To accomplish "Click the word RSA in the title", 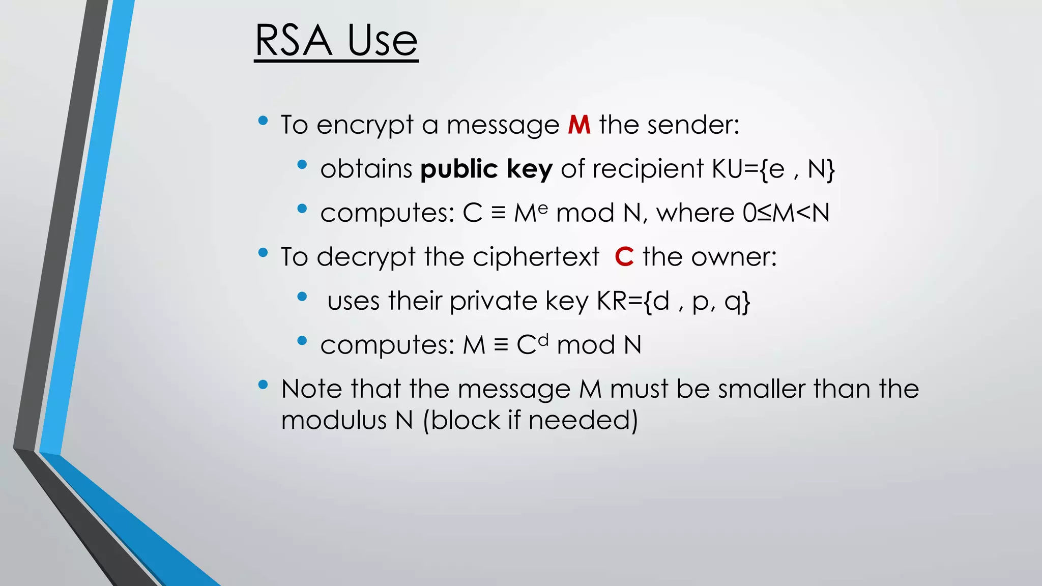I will coord(294,41).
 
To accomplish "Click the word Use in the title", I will coord(382,41).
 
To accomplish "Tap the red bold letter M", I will coord(579,125).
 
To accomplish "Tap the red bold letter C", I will coord(624,256).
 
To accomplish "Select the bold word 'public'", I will coord(458,169).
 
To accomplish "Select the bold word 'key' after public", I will coord(529,169).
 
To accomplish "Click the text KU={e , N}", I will coord(773,169).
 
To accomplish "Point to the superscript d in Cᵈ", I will coord(543,339).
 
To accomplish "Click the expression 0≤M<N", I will coord(786,213).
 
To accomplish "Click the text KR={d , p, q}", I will coord(673,301).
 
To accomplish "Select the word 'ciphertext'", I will coord(536,256).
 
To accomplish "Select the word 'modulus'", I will coord(334,421).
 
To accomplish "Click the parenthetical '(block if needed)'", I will coord(530,421).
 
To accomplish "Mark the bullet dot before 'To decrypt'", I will coord(263,252).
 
